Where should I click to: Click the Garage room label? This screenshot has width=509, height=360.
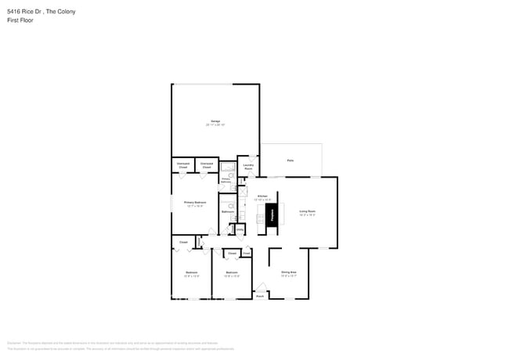point(215,121)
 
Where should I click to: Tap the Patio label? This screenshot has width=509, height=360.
point(290,160)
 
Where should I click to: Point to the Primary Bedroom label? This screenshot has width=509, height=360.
point(194,203)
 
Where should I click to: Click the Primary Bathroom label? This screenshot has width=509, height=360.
point(226,181)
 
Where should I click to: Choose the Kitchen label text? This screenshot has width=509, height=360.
point(262,196)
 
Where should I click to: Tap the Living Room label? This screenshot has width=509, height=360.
point(306,211)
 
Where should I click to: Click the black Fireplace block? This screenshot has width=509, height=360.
point(273,214)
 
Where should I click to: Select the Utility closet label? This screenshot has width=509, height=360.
point(240,229)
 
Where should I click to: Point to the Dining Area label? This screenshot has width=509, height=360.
point(289,272)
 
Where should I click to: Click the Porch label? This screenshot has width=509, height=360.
point(260,296)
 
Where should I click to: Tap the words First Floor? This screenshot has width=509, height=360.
point(20,20)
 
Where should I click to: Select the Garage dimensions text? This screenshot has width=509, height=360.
point(215,125)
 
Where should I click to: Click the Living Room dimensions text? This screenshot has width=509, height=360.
point(306,215)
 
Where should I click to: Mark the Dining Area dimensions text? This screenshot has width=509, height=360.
point(289,275)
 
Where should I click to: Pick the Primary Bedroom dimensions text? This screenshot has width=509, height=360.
point(194,207)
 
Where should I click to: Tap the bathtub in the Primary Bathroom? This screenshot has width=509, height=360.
point(226,167)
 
